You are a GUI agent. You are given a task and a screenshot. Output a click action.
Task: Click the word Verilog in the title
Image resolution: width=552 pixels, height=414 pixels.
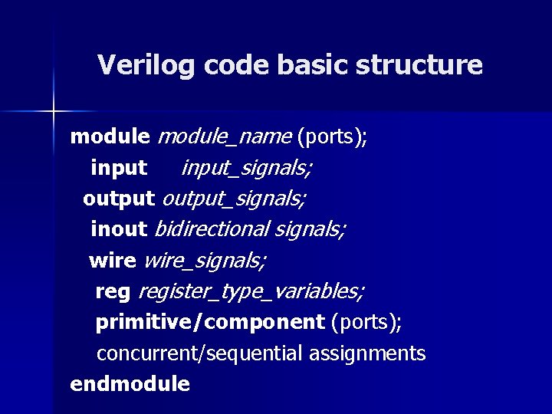point(146,65)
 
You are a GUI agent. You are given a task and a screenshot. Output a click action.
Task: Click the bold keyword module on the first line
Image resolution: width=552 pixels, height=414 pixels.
point(110,137)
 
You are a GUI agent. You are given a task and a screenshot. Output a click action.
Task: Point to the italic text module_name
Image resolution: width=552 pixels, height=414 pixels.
point(224,137)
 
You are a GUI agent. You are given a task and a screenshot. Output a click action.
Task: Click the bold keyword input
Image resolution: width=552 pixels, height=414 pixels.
point(119,167)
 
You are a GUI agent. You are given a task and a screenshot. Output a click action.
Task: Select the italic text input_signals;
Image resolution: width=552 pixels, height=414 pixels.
point(246,168)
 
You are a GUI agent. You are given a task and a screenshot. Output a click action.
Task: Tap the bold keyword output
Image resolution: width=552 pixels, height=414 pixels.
point(119,199)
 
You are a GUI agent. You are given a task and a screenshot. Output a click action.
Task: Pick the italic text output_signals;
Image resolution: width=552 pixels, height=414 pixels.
point(234,199)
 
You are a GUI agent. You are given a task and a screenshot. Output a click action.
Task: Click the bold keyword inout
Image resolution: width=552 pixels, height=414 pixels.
point(119,228)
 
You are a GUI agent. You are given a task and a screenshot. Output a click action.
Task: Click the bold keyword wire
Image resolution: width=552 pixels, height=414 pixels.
point(113,261)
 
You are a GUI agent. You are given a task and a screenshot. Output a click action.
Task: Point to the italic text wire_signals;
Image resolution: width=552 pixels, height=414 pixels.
point(205,261)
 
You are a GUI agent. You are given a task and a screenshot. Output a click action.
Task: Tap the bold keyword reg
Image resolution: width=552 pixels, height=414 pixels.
point(113,292)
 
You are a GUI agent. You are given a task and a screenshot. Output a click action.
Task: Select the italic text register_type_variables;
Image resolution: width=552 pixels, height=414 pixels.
point(251,292)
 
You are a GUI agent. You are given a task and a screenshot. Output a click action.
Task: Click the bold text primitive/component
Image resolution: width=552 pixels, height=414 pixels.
point(210,323)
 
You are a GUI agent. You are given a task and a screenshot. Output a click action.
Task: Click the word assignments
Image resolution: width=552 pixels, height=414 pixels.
point(367,353)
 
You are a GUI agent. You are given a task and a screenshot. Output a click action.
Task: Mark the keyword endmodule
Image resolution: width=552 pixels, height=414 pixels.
point(130,383)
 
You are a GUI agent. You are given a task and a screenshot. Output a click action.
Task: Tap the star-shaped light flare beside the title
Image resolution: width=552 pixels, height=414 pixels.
point(54,112)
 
